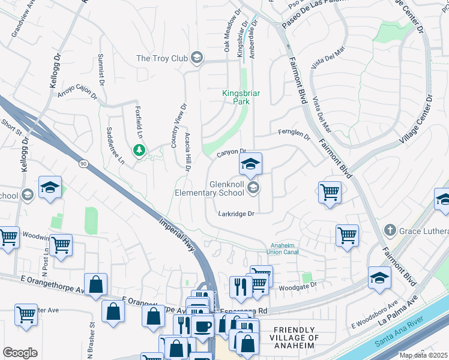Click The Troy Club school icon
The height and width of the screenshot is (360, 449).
coord(196,58)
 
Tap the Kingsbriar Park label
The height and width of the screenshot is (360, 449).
coord(236,97)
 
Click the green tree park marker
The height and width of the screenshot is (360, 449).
coord(139,149)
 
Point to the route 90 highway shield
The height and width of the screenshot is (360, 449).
coord(82,163)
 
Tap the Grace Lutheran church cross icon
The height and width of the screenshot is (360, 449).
coord(390,230)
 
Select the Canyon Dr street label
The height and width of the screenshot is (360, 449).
coord(231,153)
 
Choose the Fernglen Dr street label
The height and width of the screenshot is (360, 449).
coord(294,135)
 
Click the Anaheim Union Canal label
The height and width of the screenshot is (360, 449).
coord(282,248)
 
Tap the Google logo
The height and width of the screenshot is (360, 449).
coord(20,352)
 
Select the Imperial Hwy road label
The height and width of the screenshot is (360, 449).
coord(178,234)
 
